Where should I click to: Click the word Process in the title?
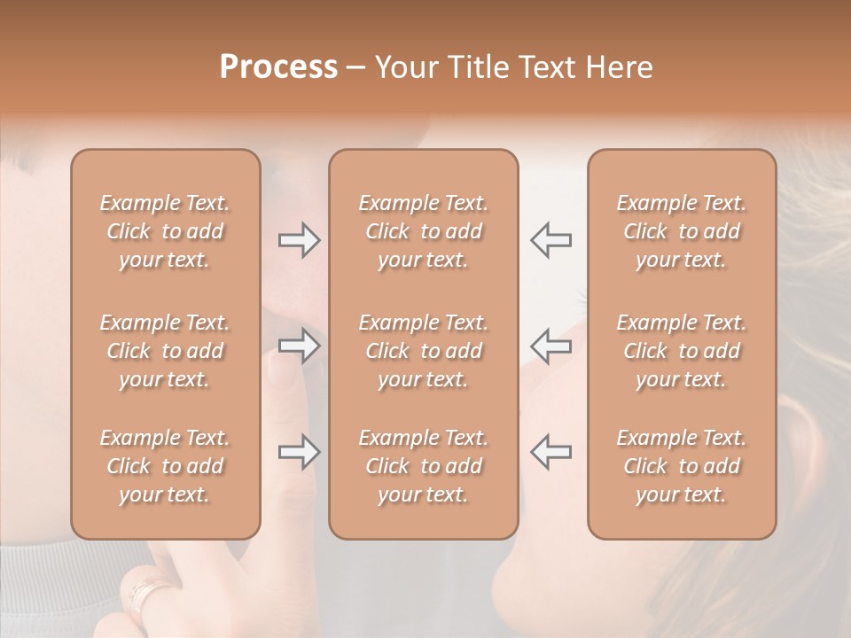point(278,67)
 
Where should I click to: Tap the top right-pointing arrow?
point(299,240)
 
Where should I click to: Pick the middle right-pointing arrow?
point(299,346)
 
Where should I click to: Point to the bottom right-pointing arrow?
point(299,452)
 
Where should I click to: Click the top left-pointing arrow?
point(550,240)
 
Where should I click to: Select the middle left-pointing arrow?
point(550,346)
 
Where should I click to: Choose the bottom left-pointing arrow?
point(550,452)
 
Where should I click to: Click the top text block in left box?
point(165,231)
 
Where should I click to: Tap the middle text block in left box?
point(165,351)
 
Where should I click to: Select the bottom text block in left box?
point(165,466)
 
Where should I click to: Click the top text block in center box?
point(423,231)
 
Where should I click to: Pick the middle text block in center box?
point(423,351)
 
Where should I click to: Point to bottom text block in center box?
point(423,466)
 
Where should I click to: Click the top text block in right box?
point(681,231)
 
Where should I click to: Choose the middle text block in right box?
point(681,351)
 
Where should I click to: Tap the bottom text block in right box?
point(681,466)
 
